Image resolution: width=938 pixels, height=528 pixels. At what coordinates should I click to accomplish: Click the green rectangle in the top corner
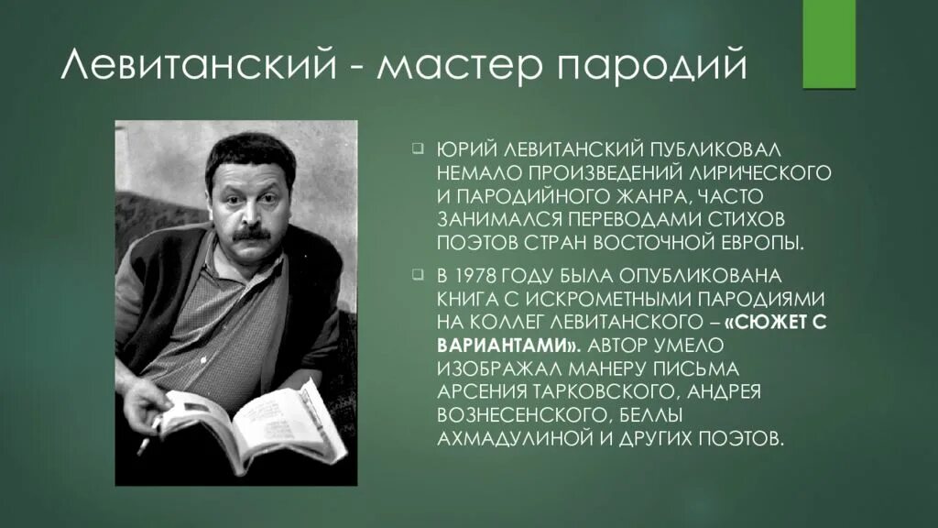click(828, 44)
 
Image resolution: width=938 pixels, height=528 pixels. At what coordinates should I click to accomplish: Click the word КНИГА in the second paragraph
click(467, 299)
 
